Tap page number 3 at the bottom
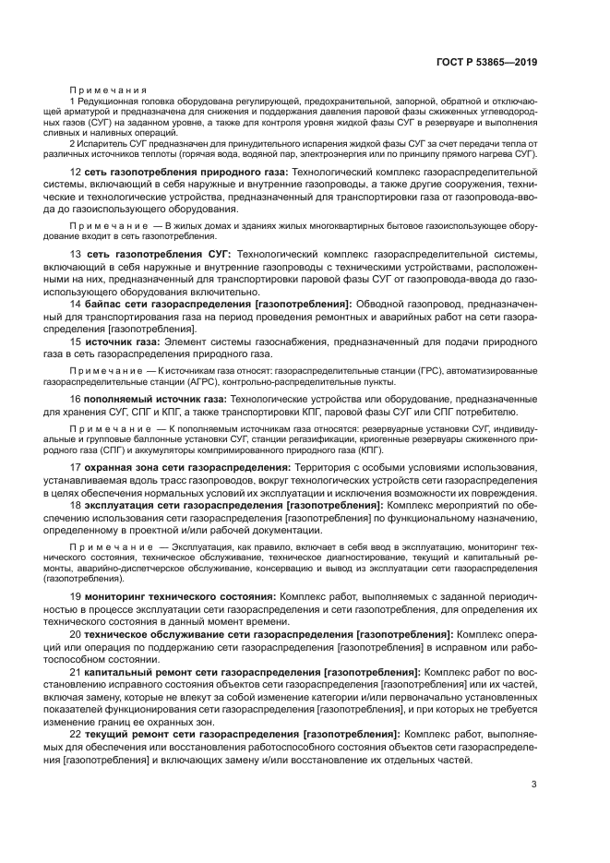click(534, 785)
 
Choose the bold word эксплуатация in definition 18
click(124, 506)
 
